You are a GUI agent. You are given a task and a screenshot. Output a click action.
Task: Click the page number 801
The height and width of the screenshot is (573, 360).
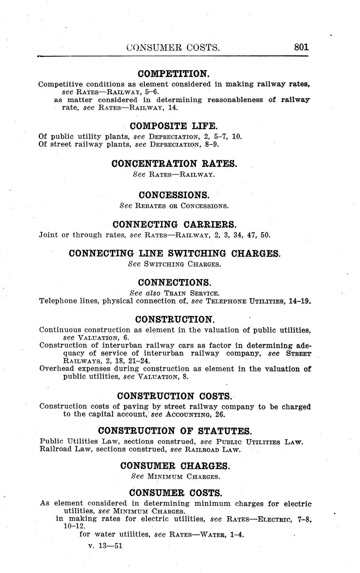click(x=301, y=47)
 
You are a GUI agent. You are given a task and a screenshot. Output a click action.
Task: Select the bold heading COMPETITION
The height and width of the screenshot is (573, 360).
click(x=174, y=74)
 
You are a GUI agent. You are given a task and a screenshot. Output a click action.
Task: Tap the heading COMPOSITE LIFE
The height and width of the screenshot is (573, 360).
click(x=174, y=126)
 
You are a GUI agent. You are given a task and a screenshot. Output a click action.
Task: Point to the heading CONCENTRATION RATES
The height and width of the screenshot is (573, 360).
click(x=174, y=164)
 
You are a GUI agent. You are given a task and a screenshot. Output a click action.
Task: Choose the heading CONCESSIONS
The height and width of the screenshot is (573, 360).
click(x=174, y=195)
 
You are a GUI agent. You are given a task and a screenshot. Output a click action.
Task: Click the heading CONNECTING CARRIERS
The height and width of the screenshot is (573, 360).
click(x=174, y=225)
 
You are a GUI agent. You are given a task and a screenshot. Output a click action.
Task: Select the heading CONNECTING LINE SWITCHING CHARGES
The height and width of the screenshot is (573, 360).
click(x=174, y=253)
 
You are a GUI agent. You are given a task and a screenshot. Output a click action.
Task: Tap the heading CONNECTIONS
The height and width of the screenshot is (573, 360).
click(x=174, y=282)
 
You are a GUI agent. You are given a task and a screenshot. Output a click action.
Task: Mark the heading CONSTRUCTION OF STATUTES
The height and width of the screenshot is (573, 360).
click(x=175, y=431)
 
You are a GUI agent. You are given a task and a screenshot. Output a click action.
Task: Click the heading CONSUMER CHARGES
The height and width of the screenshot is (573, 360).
click(x=174, y=466)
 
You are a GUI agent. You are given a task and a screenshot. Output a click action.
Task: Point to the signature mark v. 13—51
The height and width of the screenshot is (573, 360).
click(x=105, y=546)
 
